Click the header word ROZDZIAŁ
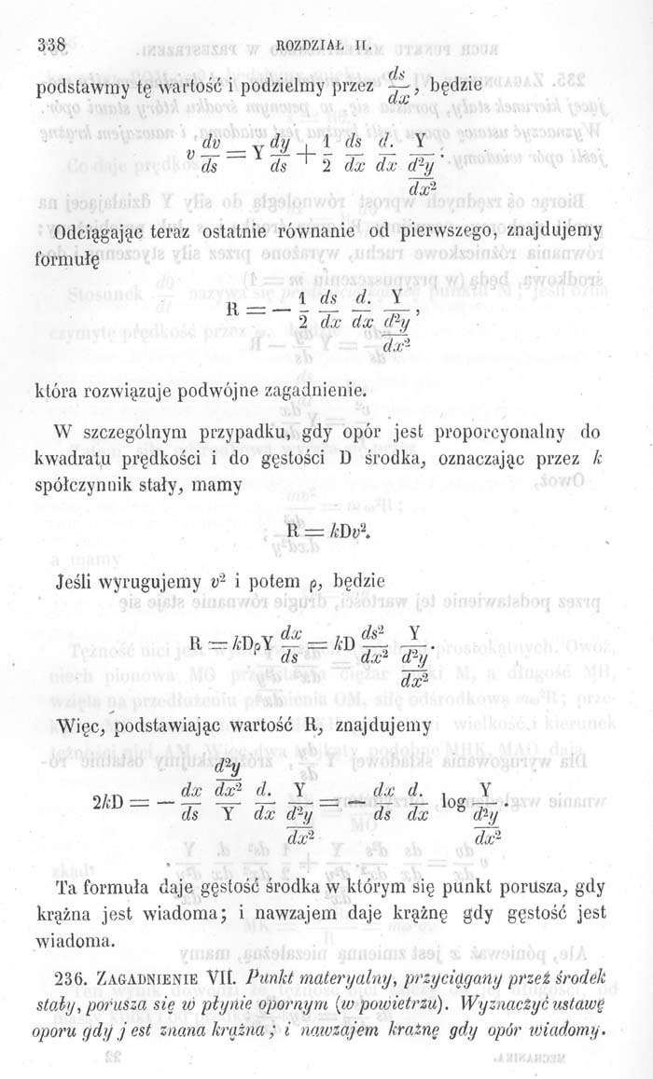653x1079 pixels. [317, 44]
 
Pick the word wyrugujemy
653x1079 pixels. [147, 585]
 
